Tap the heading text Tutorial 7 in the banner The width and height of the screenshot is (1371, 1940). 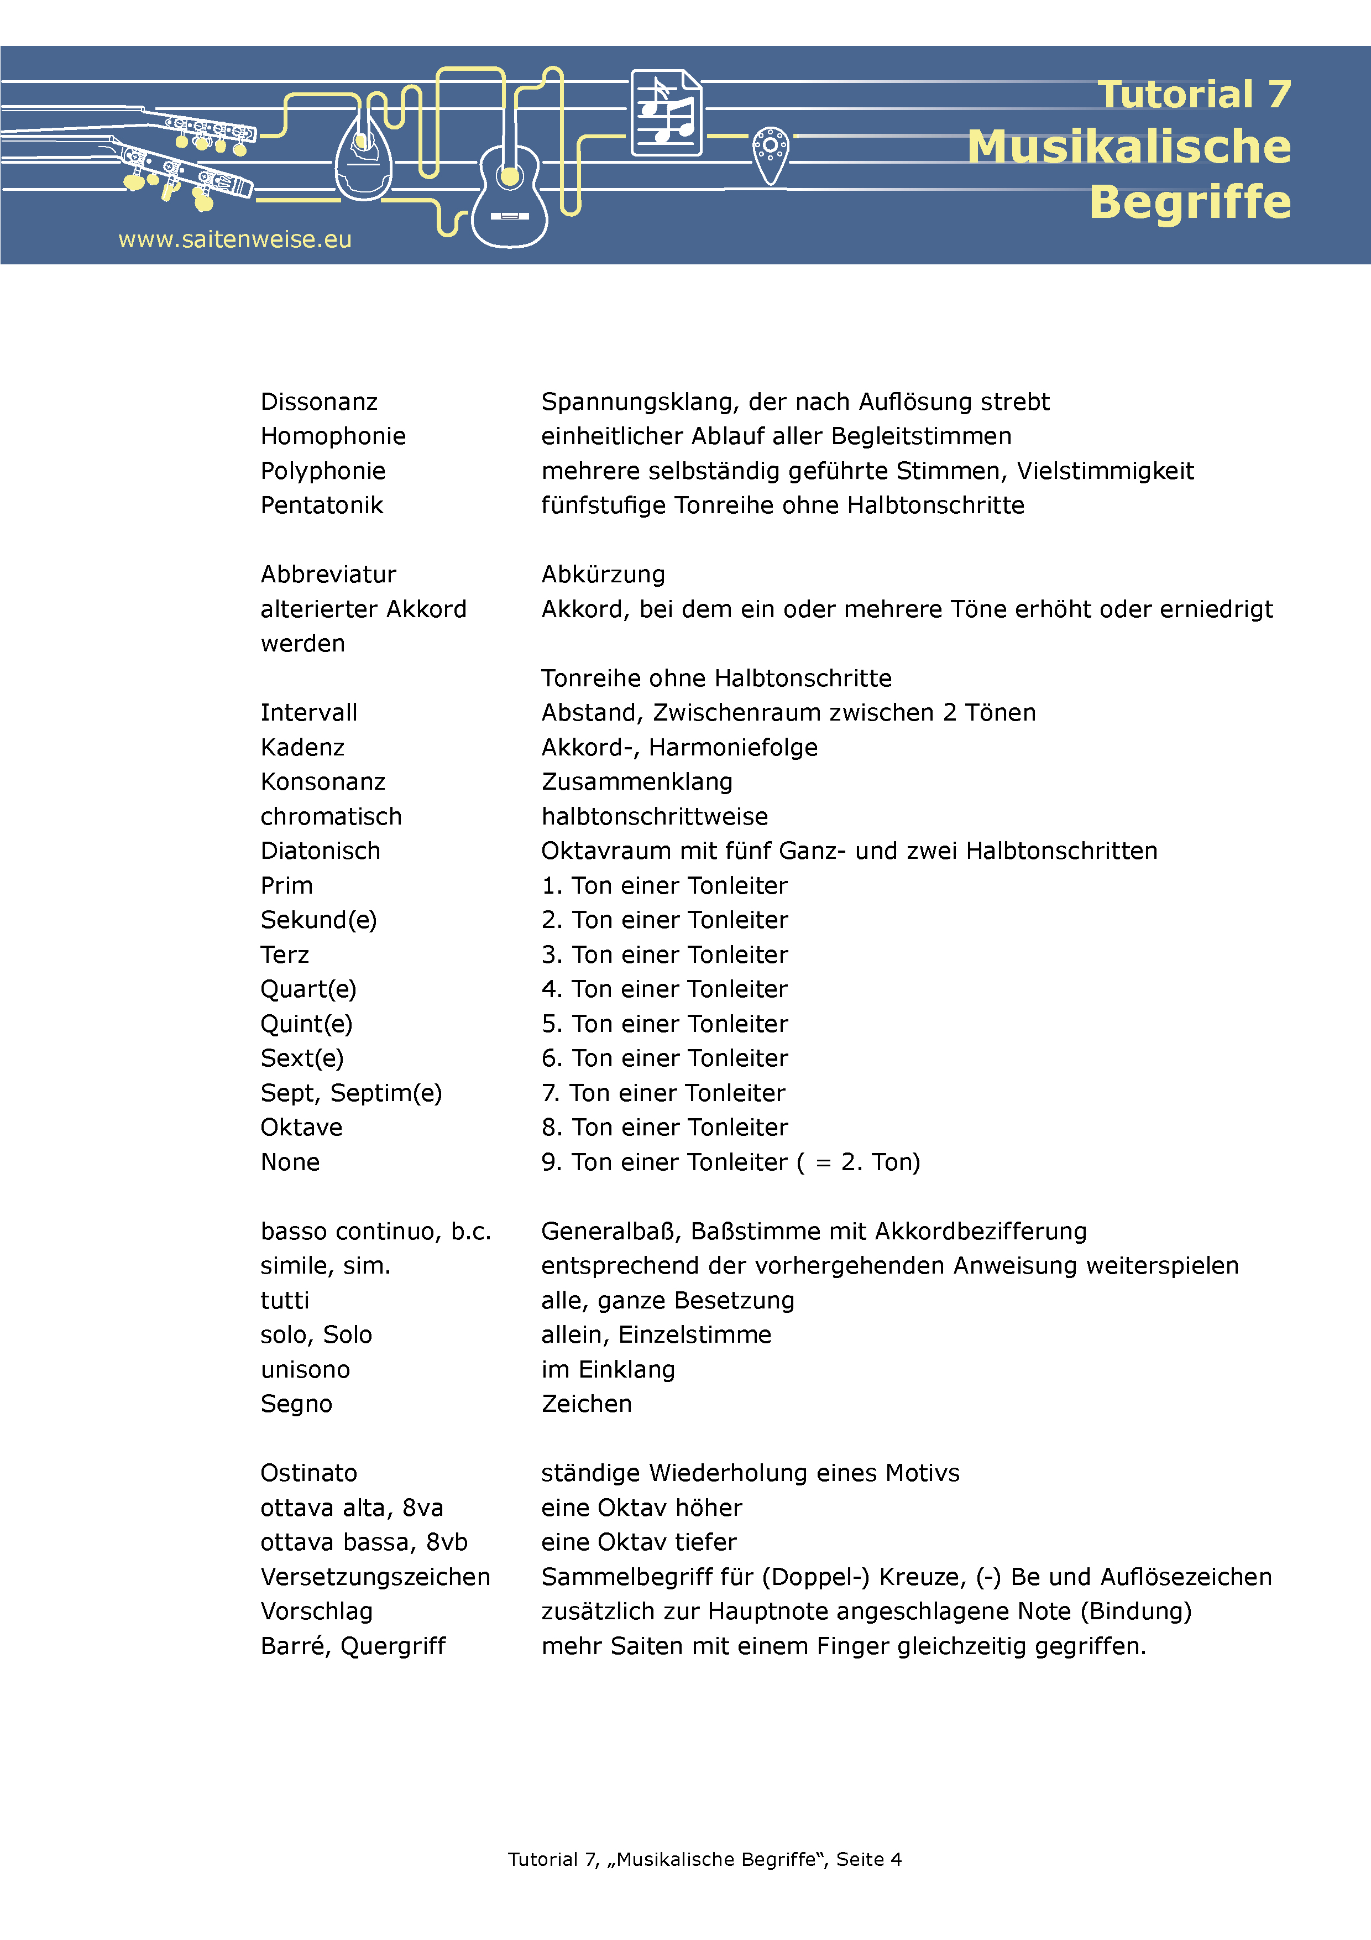tap(1194, 95)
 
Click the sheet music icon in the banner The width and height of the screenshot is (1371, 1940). tap(667, 113)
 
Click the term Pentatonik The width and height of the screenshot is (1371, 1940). tap(321, 505)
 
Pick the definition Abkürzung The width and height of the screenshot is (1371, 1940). tap(603, 575)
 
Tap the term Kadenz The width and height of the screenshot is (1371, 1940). tap(302, 748)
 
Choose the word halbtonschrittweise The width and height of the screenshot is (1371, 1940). tap(655, 817)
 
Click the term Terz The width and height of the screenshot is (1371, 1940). tap(285, 955)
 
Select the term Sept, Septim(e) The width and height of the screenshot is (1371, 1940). tap(350, 1093)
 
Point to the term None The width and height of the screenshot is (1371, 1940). tap(290, 1162)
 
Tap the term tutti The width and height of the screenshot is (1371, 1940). tap(285, 1300)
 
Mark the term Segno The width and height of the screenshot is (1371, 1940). tap(296, 1404)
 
